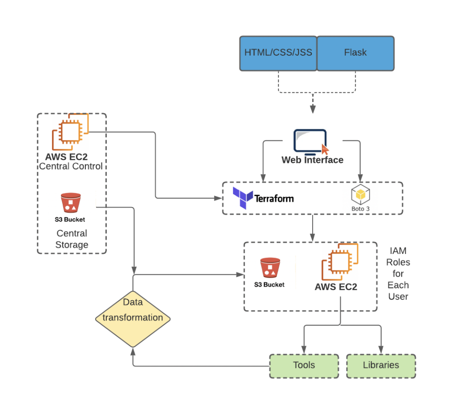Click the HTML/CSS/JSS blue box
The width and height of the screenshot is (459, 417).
[278, 53]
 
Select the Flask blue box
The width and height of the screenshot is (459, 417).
[355, 53]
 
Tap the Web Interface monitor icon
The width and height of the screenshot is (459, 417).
[310, 141]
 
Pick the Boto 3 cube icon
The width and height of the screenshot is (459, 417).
[361, 195]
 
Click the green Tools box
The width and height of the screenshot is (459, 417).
[304, 366]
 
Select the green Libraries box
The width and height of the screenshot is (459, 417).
[381, 366]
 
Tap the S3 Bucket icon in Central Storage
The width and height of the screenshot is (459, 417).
[70, 203]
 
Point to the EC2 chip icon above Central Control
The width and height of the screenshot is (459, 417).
[70, 132]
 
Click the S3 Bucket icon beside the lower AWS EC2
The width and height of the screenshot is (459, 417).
[270, 268]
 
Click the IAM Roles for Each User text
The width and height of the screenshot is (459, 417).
[398, 274]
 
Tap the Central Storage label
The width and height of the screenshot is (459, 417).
[72, 239]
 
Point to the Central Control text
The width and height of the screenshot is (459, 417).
[71, 166]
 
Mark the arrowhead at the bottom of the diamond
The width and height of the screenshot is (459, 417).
[133, 352]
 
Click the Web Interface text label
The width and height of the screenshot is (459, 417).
[312, 160]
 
